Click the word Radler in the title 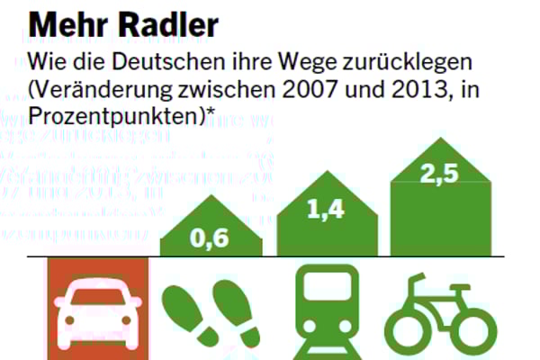pos(168,24)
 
